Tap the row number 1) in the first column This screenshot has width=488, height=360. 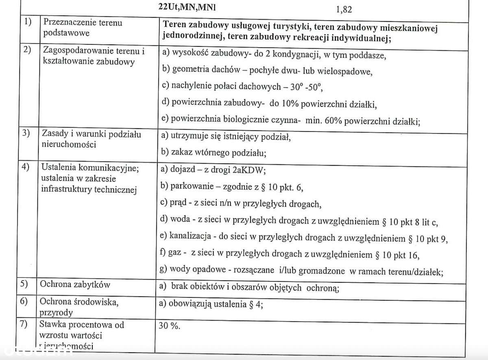coord(28,23)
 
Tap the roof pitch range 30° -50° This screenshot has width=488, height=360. coord(303,87)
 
